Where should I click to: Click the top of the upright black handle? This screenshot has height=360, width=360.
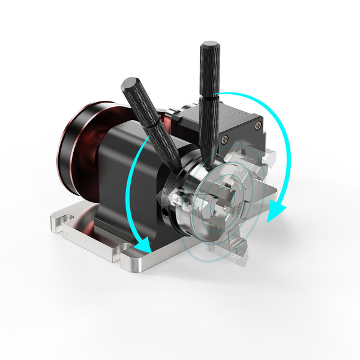click(x=210, y=46)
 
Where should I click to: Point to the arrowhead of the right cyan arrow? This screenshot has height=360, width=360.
click(x=276, y=212)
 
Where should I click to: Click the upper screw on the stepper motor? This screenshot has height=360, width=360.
click(x=224, y=139)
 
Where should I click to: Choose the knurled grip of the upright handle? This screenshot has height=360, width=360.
click(x=210, y=72)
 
